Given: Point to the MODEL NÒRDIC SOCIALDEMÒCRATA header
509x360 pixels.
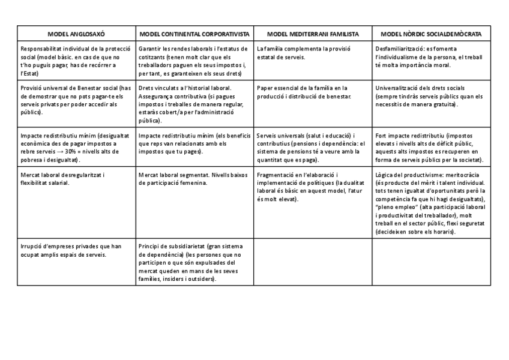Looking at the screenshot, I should pyautogui.click(x=430, y=34).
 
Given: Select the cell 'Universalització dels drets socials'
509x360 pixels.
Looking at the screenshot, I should pyautogui.click(x=430, y=96).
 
